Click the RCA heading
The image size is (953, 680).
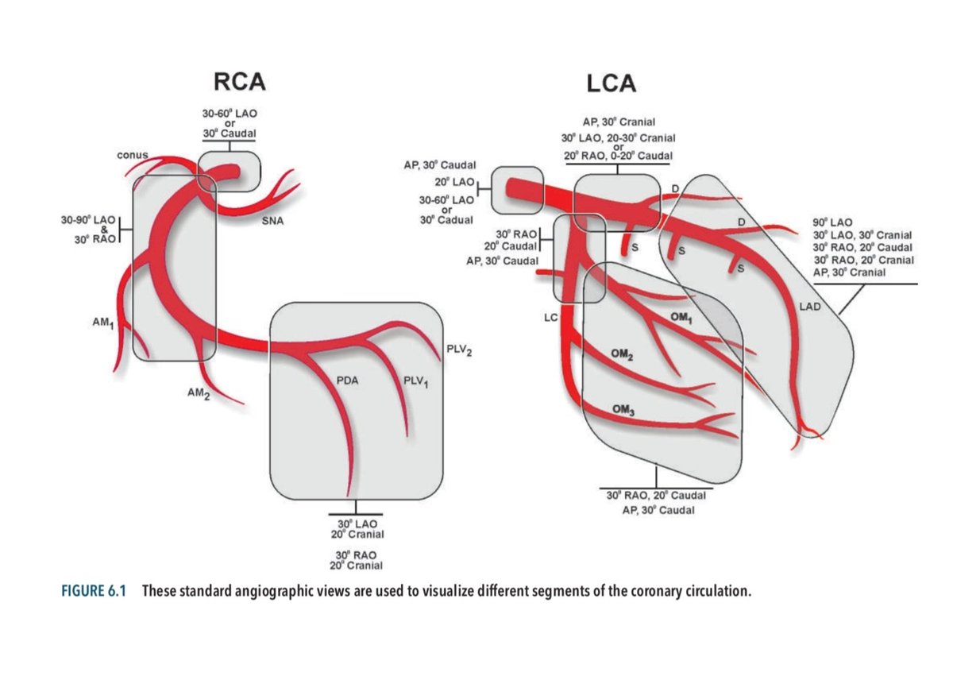coord(240,83)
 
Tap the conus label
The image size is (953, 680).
coord(133,154)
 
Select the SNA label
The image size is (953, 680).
coord(274,222)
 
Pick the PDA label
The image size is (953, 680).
coord(348,381)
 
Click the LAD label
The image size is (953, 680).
coord(811,306)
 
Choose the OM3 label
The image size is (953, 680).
coord(624,408)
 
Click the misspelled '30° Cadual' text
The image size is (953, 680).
coord(447,220)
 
